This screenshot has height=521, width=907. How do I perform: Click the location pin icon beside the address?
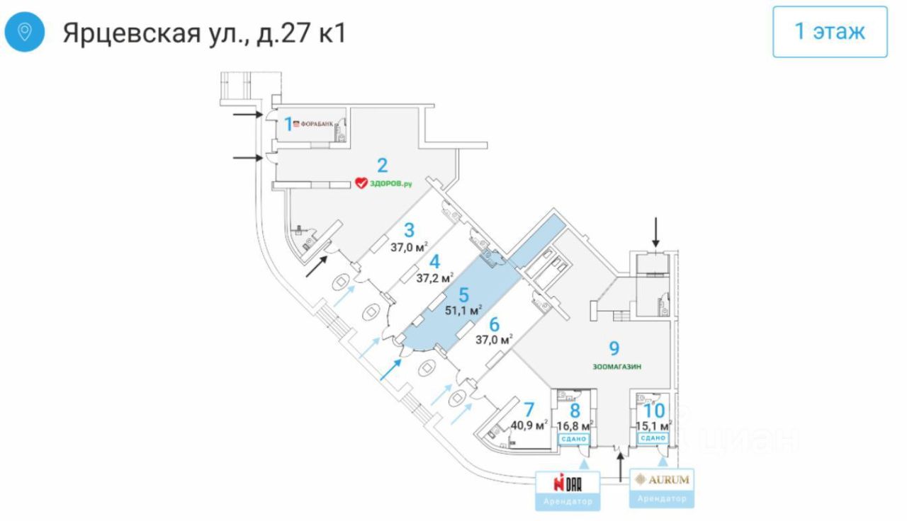pos(25,33)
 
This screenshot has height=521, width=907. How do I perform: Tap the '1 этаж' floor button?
pos(830,32)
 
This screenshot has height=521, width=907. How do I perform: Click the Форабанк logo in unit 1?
pos(312,123)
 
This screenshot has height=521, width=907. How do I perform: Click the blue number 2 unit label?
pos(382,166)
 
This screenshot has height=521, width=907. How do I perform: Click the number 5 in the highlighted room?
pos(463,293)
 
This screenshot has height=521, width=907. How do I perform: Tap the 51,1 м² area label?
pos(463,309)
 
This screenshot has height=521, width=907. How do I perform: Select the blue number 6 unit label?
pos(494,324)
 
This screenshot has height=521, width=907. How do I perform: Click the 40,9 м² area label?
pos(529,425)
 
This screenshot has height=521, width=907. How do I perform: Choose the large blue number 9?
pos(615,348)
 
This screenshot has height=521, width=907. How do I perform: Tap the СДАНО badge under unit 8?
pos(574,439)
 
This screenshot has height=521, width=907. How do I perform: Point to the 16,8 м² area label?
pos(575,425)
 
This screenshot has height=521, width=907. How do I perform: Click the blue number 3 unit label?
pos(409,230)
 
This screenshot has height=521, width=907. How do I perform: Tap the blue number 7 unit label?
pos(528,409)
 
